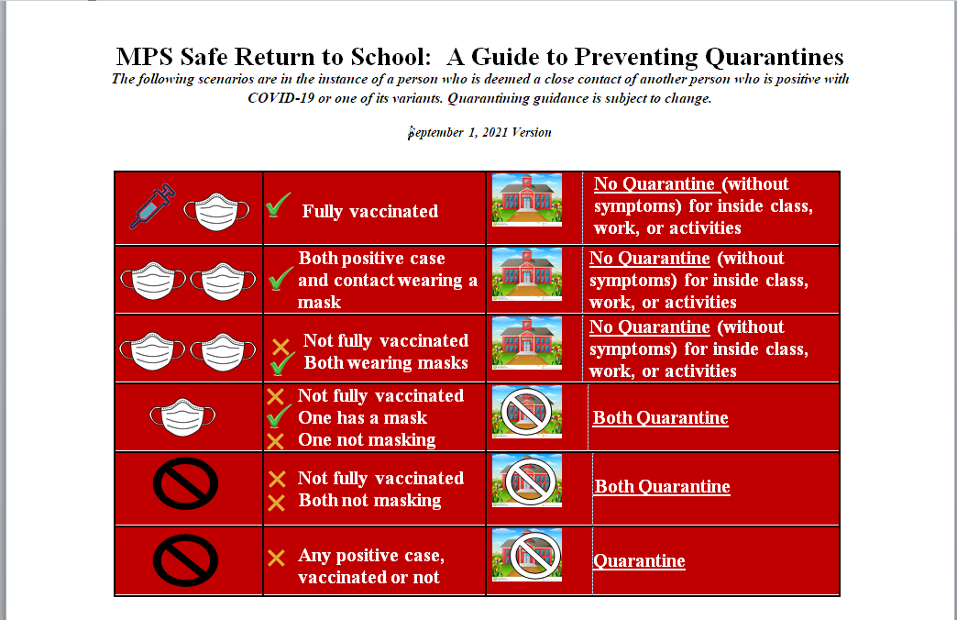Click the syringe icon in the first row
pos(152,205)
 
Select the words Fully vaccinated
pos(370,212)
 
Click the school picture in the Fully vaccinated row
pos(527,202)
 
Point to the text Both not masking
pos(369,501)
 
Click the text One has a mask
pos(362,418)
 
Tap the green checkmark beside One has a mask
pos(277,419)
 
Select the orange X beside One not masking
pos(276,441)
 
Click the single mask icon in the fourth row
pos(182,416)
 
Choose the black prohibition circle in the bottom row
pos(185,559)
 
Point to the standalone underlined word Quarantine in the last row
pos(639,561)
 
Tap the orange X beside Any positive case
pos(276,557)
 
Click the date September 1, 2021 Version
pos(479,132)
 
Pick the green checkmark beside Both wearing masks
pos(281,366)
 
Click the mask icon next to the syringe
pos(217,210)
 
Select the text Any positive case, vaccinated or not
pos(370,567)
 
